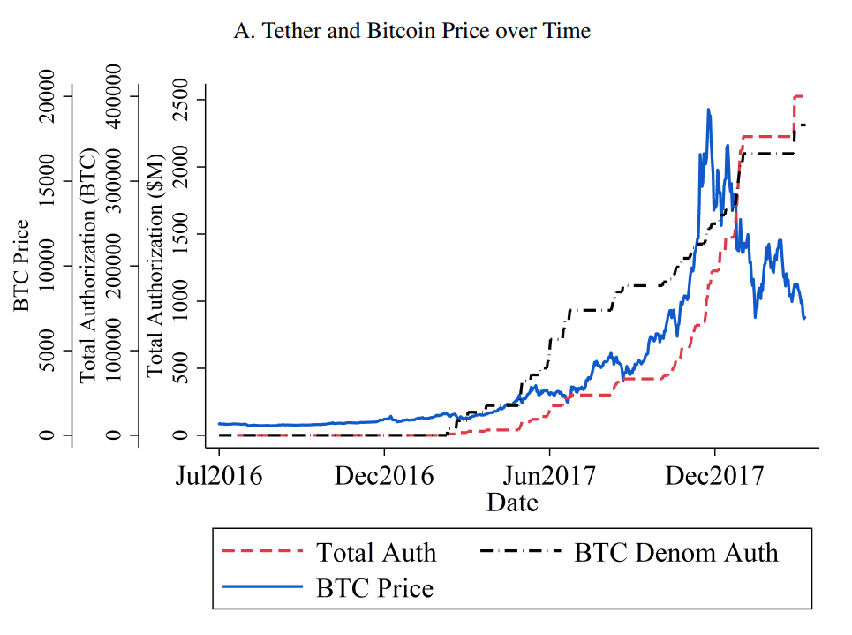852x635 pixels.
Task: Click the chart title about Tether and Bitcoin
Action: [x=411, y=31]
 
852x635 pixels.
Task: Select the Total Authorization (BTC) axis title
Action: [x=88, y=265]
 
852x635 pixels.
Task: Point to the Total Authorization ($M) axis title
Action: [x=155, y=265]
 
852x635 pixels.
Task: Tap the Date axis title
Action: [x=512, y=503]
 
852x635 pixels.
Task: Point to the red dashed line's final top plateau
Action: [x=799, y=96]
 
